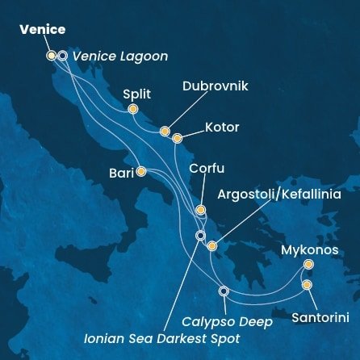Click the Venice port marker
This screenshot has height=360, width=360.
[52, 56]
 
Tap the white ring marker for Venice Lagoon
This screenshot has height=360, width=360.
[62, 56]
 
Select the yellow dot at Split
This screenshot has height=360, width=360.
[133, 109]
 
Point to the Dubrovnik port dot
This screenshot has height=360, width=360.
[165, 131]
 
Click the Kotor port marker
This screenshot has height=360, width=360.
[177, 138]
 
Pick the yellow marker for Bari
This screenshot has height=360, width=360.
[141, 171]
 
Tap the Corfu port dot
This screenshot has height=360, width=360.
[200, 210]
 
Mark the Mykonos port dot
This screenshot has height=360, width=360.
[308, 264]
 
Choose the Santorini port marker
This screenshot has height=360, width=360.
[307, 284]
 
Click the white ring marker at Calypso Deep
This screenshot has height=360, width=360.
[224, 291]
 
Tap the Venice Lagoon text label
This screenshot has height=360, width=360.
[119, 56]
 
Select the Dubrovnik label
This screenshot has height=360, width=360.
[216, 86]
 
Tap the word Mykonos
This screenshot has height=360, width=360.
[309, 249]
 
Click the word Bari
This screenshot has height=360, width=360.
[121, 172]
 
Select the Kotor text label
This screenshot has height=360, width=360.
[222, 127]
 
